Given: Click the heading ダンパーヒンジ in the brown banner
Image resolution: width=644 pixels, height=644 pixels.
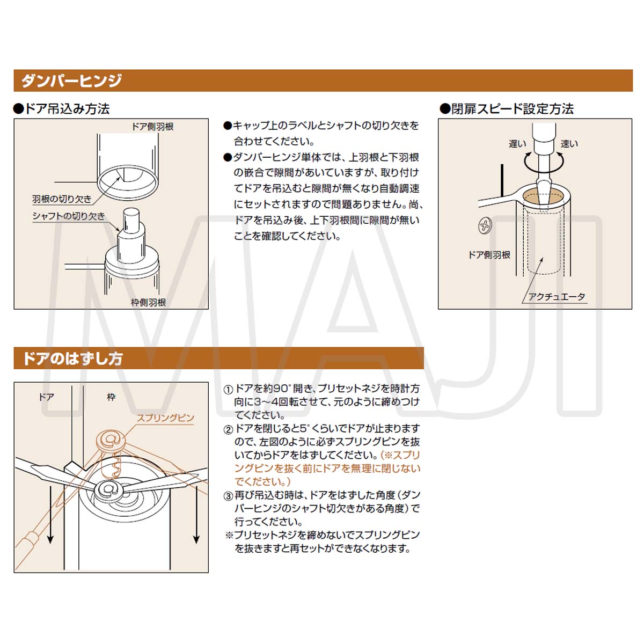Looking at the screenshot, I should (72, 80).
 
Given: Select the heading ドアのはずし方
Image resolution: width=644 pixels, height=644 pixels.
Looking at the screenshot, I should (72, 358).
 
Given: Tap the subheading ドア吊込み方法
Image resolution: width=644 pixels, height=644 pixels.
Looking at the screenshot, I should (62, 109).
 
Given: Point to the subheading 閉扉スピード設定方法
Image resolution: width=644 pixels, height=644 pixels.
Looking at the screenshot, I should (507, 109).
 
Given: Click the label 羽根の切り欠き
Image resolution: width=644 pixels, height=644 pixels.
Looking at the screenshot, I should (62, 199).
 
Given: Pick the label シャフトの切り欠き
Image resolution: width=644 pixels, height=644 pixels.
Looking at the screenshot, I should (69, 216).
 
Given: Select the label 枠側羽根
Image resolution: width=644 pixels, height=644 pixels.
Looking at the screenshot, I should (148, 302).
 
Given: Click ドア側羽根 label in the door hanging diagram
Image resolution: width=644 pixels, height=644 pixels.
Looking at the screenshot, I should (152, 127).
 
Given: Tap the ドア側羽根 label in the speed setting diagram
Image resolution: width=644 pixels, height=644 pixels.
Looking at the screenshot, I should (489, 255).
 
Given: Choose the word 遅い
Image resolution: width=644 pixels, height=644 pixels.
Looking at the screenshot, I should (517, 143).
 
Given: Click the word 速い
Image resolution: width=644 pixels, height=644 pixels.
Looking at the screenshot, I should (569, 143).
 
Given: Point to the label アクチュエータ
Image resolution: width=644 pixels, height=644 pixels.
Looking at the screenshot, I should (557, 297).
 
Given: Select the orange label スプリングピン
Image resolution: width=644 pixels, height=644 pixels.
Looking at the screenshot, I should (165, 418).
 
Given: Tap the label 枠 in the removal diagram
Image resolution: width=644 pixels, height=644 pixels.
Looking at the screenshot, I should (111, 397).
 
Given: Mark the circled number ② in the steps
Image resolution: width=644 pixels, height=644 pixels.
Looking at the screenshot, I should (228, 430).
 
